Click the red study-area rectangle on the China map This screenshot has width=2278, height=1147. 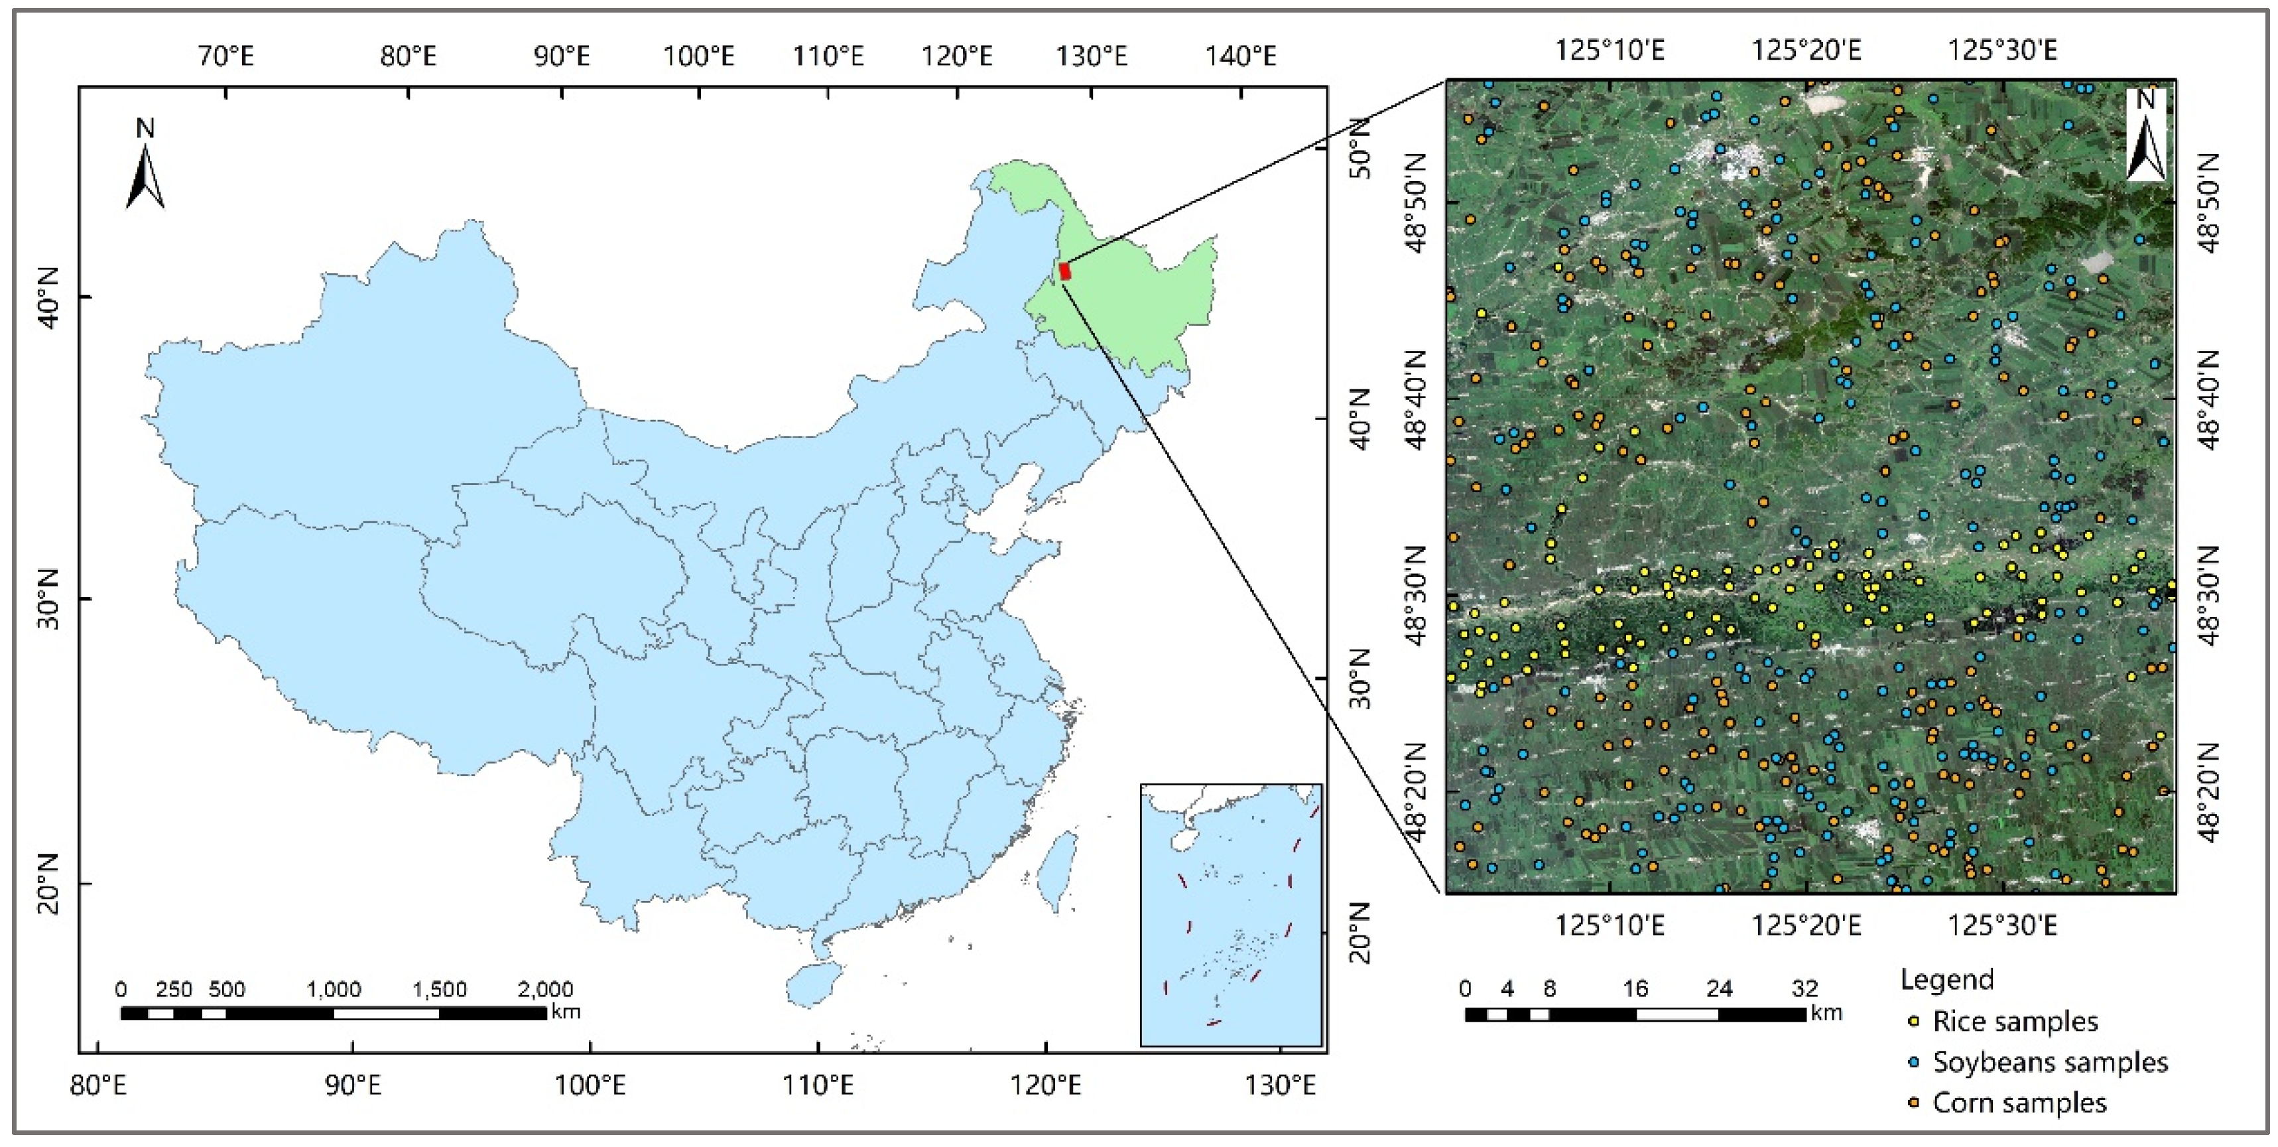point(1064,271)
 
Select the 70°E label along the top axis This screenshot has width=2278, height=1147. point(225,56)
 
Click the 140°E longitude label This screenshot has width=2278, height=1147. point(1241,56)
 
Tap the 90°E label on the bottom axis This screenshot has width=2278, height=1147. point(353,1084)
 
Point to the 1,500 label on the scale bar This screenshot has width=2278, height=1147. point(440,988)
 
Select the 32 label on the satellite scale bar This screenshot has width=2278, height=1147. point(1804,988)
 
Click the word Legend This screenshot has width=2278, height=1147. point(1947,980)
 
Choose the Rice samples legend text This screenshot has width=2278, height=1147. point(2015,1022)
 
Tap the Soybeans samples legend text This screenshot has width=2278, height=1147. point(2050,1062)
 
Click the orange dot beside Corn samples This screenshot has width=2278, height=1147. point(1913,1103)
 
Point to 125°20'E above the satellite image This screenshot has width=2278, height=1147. point(1806,50)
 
